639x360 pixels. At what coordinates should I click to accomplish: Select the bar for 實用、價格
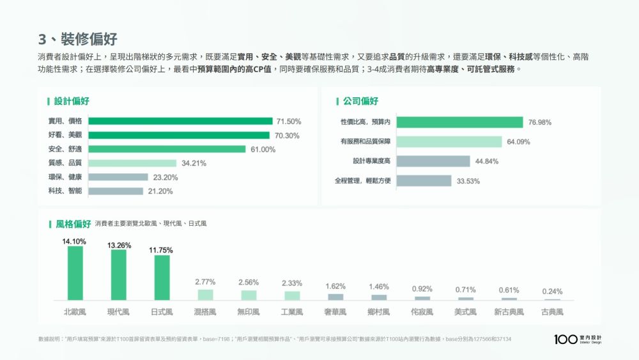tap(180, 121)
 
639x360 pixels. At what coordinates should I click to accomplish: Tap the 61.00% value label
tap(263, 150)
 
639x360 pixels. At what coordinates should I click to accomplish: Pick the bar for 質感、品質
tap(132, 163)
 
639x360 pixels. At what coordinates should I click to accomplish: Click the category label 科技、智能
tap(65, 191)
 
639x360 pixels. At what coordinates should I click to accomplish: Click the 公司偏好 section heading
tap(360, 101)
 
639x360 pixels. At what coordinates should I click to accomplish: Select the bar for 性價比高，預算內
tap(459, 122)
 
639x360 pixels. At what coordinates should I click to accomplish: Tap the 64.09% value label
tap(518, 142)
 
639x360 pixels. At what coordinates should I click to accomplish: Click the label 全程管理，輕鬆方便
tap(362, 181)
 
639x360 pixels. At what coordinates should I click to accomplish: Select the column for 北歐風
tap(75, 273)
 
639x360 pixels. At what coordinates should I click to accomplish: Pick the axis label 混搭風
tap(205, 312)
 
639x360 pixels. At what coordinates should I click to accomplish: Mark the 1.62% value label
tap(335, 286)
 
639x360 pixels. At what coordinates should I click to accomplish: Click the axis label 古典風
tap(552, 312)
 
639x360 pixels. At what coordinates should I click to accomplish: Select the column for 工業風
tap(292, 295)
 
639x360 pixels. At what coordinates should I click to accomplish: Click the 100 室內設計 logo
tap(577, 339)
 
